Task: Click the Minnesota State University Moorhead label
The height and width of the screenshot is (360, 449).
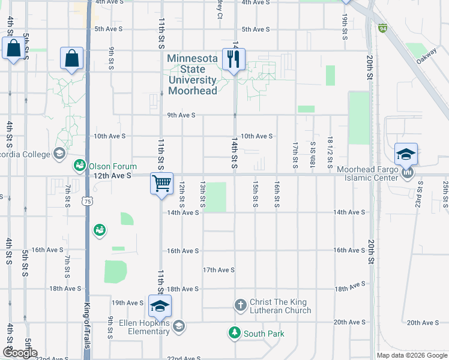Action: pyautogui.click(x=192, y=74)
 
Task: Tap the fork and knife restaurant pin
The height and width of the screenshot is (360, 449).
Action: pyautogui.click(x=232, y=59)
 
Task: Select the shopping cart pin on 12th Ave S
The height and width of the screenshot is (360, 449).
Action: pyautogui.click(x=161, y=184)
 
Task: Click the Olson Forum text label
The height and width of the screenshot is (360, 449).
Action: pyautogui.click(x=113, y=166)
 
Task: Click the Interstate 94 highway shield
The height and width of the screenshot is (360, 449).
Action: pyautogui.click(x=383, y=28)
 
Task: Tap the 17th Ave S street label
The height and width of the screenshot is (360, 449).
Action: pyautogui.click(x=218, y=270)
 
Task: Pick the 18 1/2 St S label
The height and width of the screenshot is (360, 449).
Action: pyautogui.click(x=330, y=153)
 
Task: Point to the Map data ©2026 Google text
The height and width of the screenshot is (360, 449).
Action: pyautogui.click(x=412, y=355)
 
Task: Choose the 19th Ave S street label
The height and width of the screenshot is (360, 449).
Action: pyautogui.click(x=126, y=302)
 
